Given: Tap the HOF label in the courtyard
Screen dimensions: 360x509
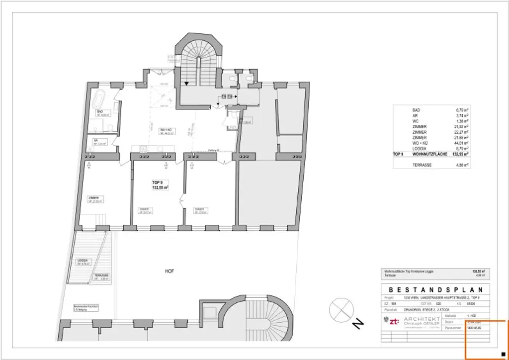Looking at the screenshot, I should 170,271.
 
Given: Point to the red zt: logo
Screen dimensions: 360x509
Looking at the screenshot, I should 394,322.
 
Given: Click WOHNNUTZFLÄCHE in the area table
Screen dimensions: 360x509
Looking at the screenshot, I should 430,155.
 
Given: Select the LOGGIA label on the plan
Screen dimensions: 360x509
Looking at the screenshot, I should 83,260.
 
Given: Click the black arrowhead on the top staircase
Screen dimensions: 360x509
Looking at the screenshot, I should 186,84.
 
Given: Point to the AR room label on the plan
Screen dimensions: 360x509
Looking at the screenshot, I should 94,141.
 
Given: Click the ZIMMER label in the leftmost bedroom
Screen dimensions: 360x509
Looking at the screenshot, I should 93,198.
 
